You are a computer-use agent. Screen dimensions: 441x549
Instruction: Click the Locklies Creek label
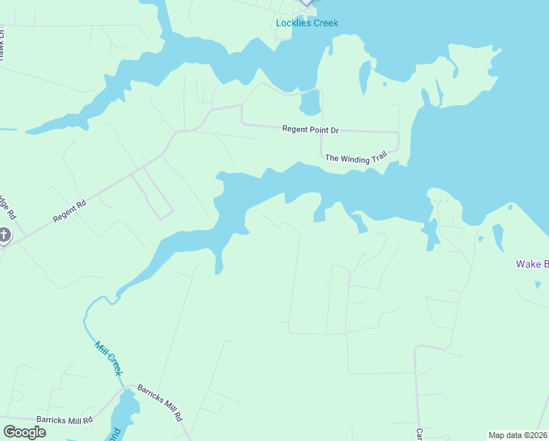307,23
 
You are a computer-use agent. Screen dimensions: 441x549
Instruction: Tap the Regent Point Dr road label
310,130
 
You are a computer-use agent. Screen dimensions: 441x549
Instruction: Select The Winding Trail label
355,158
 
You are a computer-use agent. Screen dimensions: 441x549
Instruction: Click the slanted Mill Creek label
109,358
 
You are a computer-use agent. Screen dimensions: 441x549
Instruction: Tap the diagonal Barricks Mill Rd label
160,402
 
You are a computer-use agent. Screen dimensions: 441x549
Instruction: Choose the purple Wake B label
532,264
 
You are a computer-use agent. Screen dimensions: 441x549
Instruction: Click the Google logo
24,432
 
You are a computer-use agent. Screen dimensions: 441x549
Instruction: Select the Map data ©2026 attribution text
518,435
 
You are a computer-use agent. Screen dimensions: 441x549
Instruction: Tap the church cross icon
4,237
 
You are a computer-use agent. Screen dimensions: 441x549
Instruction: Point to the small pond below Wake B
537,284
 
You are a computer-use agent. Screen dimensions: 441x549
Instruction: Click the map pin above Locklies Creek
307,2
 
